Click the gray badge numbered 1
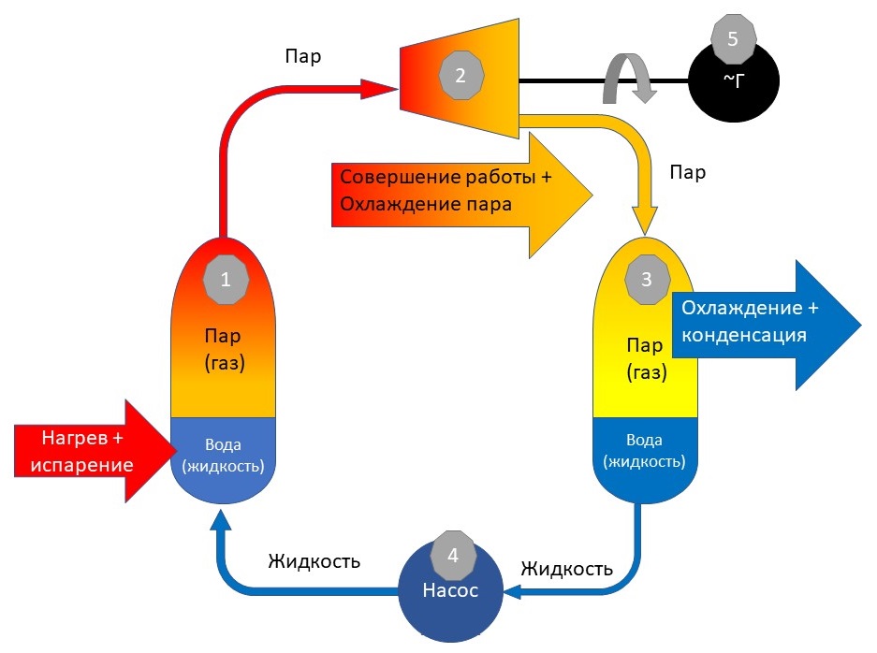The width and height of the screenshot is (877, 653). click(226, 280)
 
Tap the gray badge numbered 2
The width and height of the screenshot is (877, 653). click(460, 76)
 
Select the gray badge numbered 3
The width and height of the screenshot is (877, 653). click(647, 280)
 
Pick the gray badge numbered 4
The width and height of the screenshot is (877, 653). click(453, 555)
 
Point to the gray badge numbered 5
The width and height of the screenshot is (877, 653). click(733, 39)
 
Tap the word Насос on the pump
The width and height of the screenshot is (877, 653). click(450, 590)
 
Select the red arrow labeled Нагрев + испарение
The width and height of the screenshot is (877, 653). click(94, 451)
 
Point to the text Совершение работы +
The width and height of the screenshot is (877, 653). click(446, 177)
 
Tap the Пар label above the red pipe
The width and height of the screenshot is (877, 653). click(303, 56)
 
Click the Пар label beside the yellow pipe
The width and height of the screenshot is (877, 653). click(687, 172)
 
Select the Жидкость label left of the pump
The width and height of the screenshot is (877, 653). click(314, 560)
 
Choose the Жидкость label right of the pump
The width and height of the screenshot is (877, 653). click(566, 569)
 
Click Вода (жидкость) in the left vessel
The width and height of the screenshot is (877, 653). click(223, 456)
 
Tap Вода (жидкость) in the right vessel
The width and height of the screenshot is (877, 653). click(644, 451)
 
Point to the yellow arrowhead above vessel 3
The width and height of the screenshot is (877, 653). click(645, 220)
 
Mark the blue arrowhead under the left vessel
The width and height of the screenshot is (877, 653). click(220, 519)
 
